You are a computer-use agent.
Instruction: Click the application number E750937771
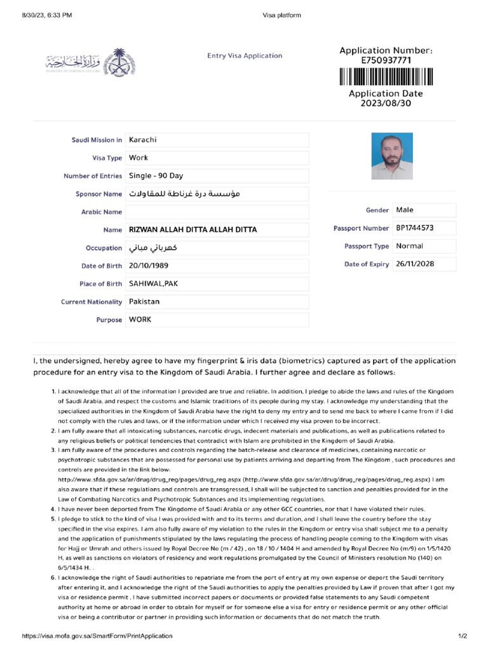point(386,60)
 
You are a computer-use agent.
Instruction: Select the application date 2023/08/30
point(386,102)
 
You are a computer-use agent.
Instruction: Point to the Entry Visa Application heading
point(245,56)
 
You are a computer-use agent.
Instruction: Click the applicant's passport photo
point(391,156)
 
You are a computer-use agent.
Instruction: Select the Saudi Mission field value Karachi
point(143,140)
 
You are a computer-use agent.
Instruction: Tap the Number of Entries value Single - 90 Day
point(156,176)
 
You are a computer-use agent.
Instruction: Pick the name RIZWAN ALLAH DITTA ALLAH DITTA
point(193,230)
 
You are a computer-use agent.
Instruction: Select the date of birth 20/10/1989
point(149,266)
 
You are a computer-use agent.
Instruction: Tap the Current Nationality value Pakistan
point(144,301)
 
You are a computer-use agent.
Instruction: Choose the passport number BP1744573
point(416,228)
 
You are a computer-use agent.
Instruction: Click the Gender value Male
point(405,210)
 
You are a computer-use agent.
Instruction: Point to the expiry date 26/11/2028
point(415,264)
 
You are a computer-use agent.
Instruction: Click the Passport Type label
point(367,246)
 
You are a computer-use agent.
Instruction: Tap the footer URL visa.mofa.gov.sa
point(97,636)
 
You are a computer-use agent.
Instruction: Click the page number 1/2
point(463,636)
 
